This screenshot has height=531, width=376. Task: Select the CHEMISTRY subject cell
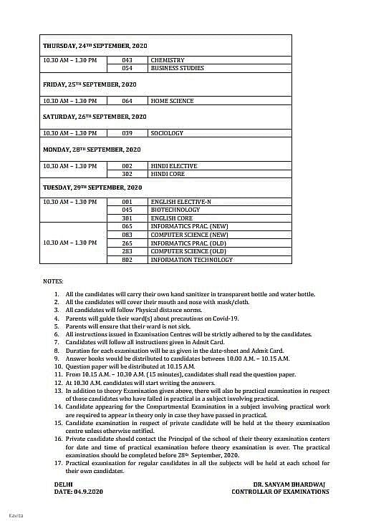(x=168, y=60)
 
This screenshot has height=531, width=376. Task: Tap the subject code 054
(x=127, y=68)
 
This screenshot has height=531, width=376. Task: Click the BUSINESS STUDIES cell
(x=177, y=68)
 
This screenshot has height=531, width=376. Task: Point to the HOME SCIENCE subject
(x=172, y=101)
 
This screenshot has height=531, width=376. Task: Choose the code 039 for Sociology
(x=127, y=133)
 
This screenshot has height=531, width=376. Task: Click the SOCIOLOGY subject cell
(x=167, y=133)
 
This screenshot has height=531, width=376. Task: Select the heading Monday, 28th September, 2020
(x=91, y=150)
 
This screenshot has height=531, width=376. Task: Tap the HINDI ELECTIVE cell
(x=174, y=166)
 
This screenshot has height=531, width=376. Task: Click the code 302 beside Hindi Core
(x=127, y=174)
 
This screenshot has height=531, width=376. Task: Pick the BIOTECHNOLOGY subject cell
(x=175, y=210)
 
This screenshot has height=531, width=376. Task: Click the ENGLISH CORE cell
(x=172, y=218)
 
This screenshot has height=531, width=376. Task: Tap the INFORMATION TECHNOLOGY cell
(x=192, y=260)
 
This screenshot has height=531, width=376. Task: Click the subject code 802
(x=127, y=260)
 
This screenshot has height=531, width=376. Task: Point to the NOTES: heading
(x=53, y=281)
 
